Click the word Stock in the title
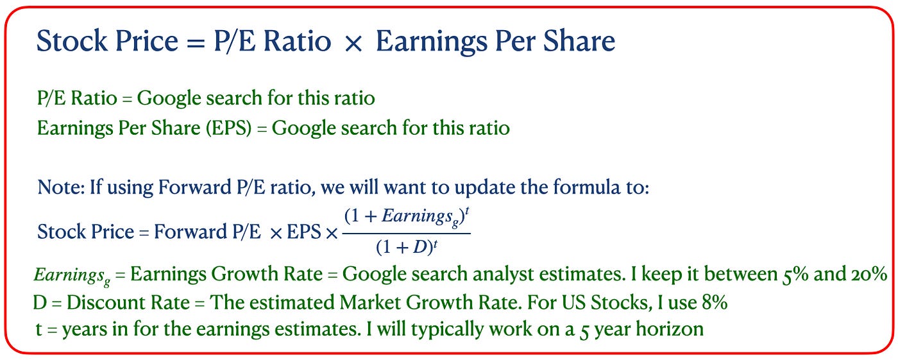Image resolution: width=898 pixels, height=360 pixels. pyautogui.click(x=72, y=40)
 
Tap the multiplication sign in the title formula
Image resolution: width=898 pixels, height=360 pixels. pyautogui.click(x=353, y=43)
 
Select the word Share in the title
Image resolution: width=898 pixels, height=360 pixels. pyautogui.click(x=579, y=40)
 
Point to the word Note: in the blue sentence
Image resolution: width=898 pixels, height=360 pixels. pyautogui.click(x=61, y=187)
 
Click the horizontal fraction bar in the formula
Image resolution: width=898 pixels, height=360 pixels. pyautogui.click(x=407, y=234)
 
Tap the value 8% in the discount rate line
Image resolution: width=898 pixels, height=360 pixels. pyautogui.click(x=715, y=302)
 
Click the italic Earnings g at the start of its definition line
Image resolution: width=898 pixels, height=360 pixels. pyautogui.click(x=72, y=276)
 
